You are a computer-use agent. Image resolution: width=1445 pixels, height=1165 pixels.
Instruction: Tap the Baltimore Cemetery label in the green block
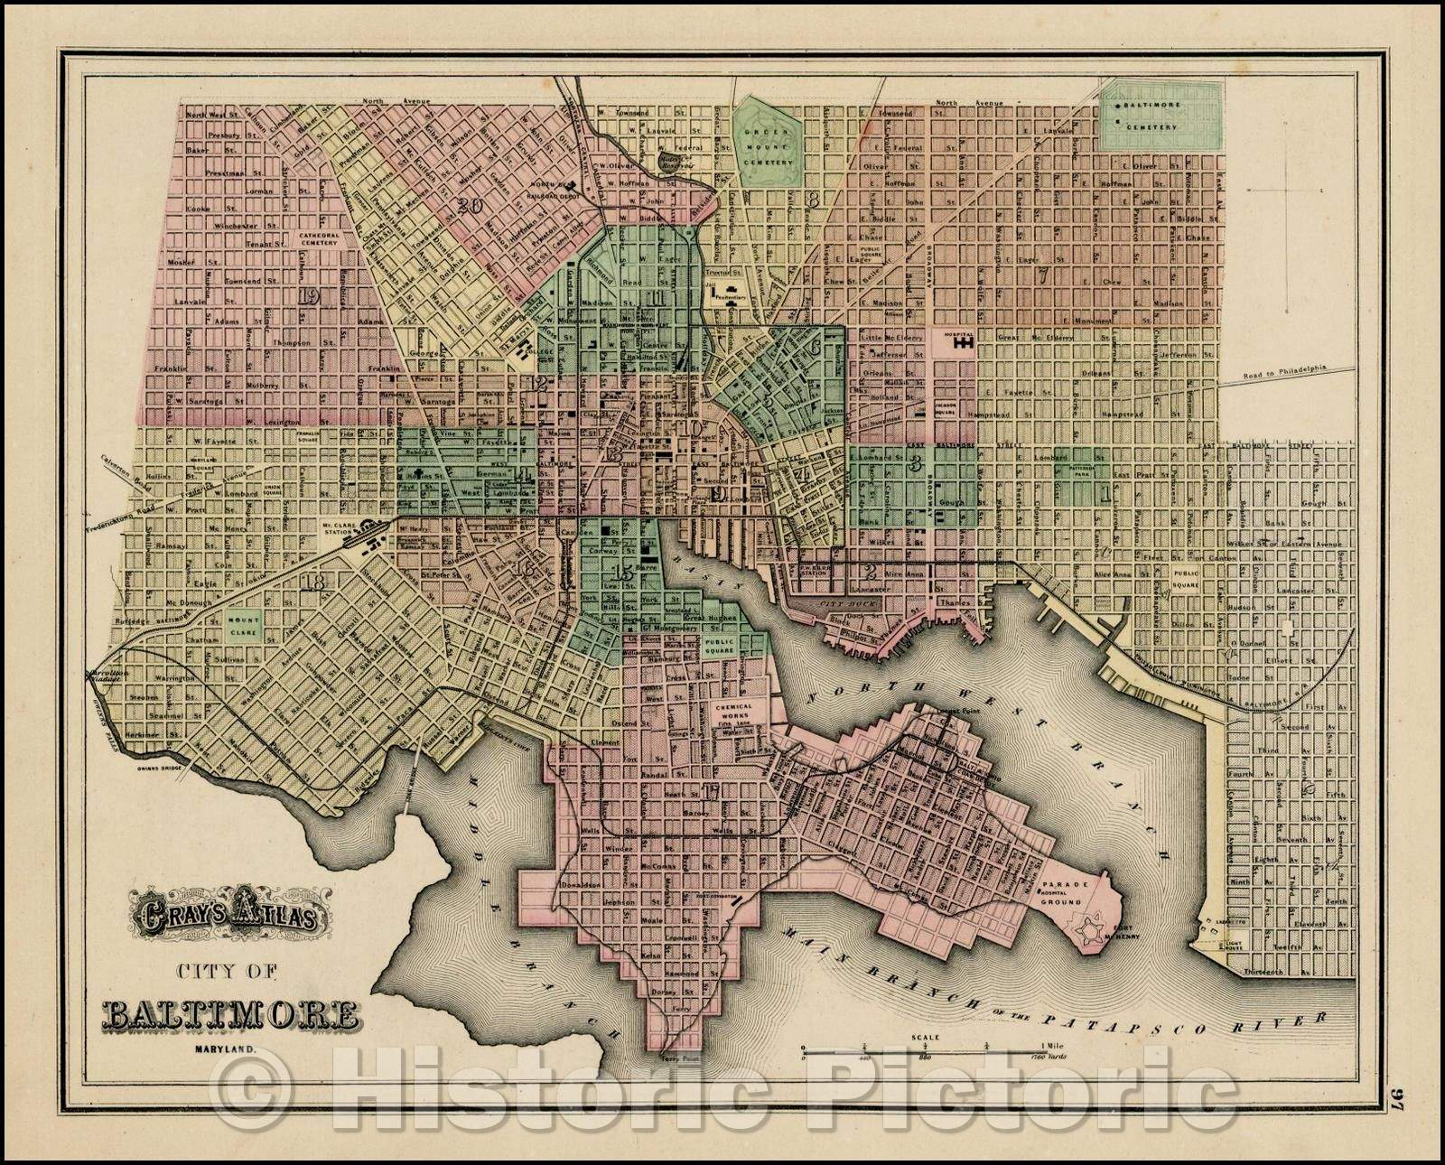pyautogui.click(x=1146, y=116)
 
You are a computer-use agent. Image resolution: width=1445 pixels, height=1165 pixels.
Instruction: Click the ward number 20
pyautogui.click(x=468, y=205)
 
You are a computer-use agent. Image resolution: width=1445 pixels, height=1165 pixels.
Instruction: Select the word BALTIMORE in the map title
pyautogui.click(x=228, y=1014)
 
